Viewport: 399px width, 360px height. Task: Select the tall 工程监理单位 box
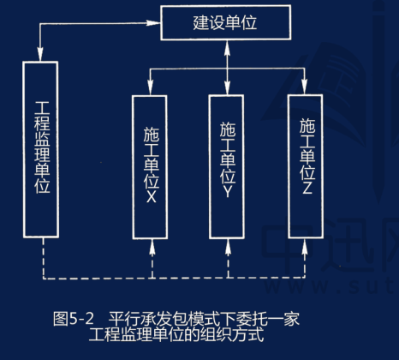(42, 151)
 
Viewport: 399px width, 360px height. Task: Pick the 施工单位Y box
(228, 164)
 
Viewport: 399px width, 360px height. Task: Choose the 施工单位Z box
(307, 163)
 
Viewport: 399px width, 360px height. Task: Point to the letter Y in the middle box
(228, 195)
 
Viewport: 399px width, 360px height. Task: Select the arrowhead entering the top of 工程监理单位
(41, 57)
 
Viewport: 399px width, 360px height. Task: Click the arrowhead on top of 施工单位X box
(151, 88)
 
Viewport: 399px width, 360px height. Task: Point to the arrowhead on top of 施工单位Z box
(307, 88)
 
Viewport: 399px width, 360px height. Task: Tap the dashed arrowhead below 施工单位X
(151, 246)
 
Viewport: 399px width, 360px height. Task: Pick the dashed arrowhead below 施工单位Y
(228, 246)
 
